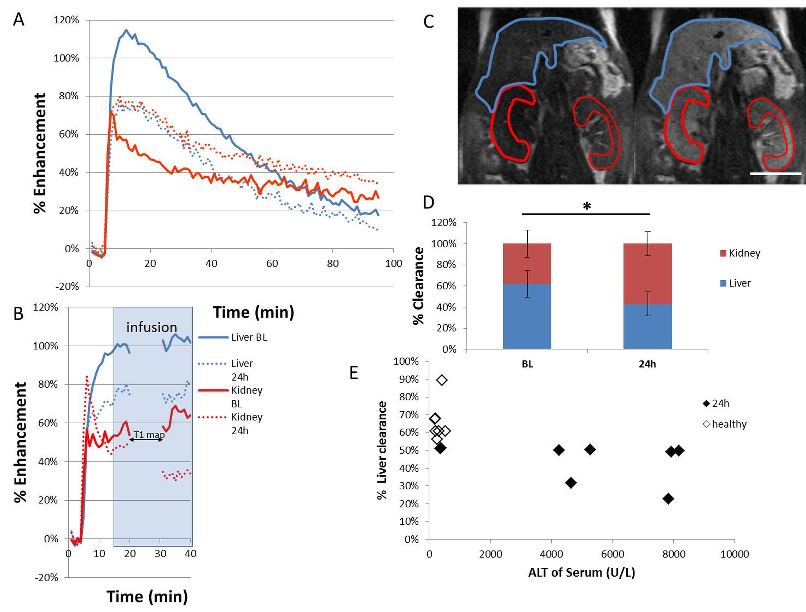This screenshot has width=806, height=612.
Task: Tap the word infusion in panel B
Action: coord(152,327)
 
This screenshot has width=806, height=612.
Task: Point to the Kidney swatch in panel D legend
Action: coord(723,253)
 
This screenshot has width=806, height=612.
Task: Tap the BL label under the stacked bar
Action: coord(527,364)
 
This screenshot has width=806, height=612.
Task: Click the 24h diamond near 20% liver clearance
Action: coord(668,498)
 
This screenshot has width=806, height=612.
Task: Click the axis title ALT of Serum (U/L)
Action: coord(581,572)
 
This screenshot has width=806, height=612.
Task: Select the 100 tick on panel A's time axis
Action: coord(393,263)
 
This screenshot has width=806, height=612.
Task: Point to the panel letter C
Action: coord(429,22)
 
